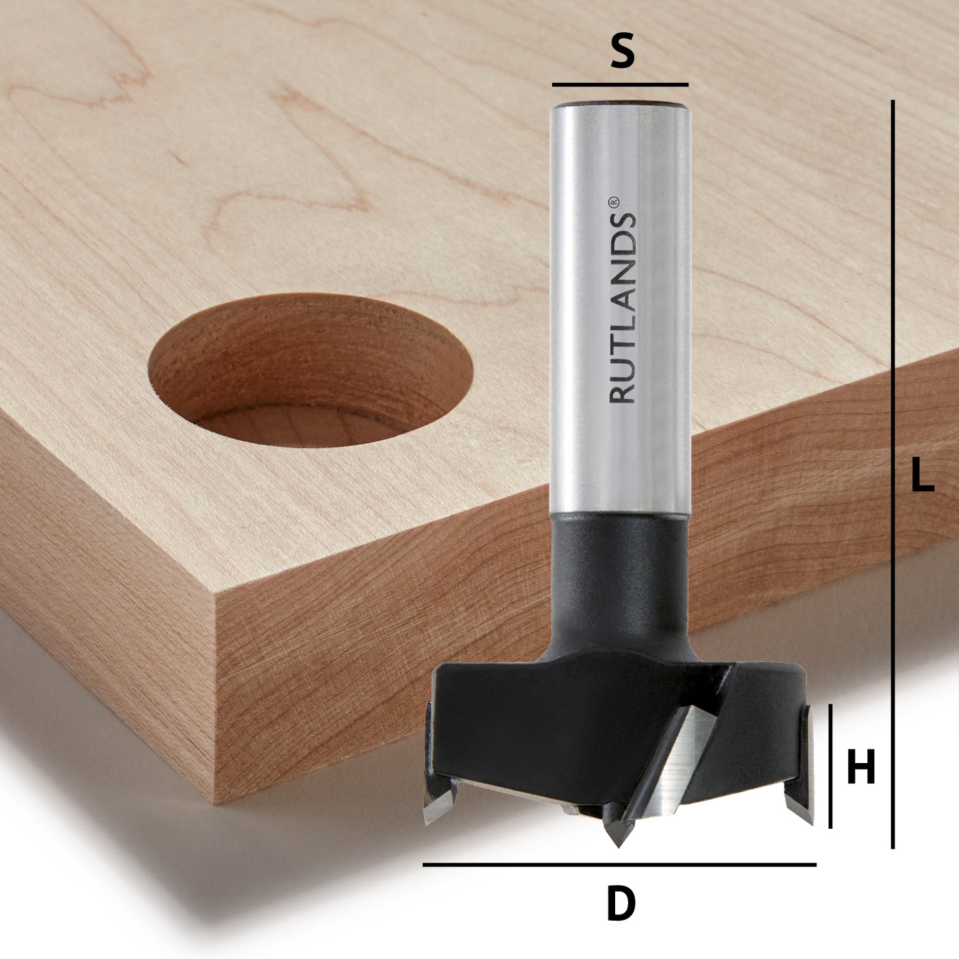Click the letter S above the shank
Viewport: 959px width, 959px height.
pos(621,53)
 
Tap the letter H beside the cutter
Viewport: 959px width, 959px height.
pos(861,767)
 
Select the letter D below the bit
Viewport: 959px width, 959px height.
pos(621,904)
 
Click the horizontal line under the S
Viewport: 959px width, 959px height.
pos(620,85)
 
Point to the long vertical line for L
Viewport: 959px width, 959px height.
pos(893,473)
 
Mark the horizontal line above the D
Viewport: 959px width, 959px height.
pos(620,865)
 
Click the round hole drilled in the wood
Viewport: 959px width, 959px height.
pos(310,370)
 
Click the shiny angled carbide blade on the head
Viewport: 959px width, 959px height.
pos(674,767)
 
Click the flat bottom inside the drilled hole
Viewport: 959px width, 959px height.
pos(301,425)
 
